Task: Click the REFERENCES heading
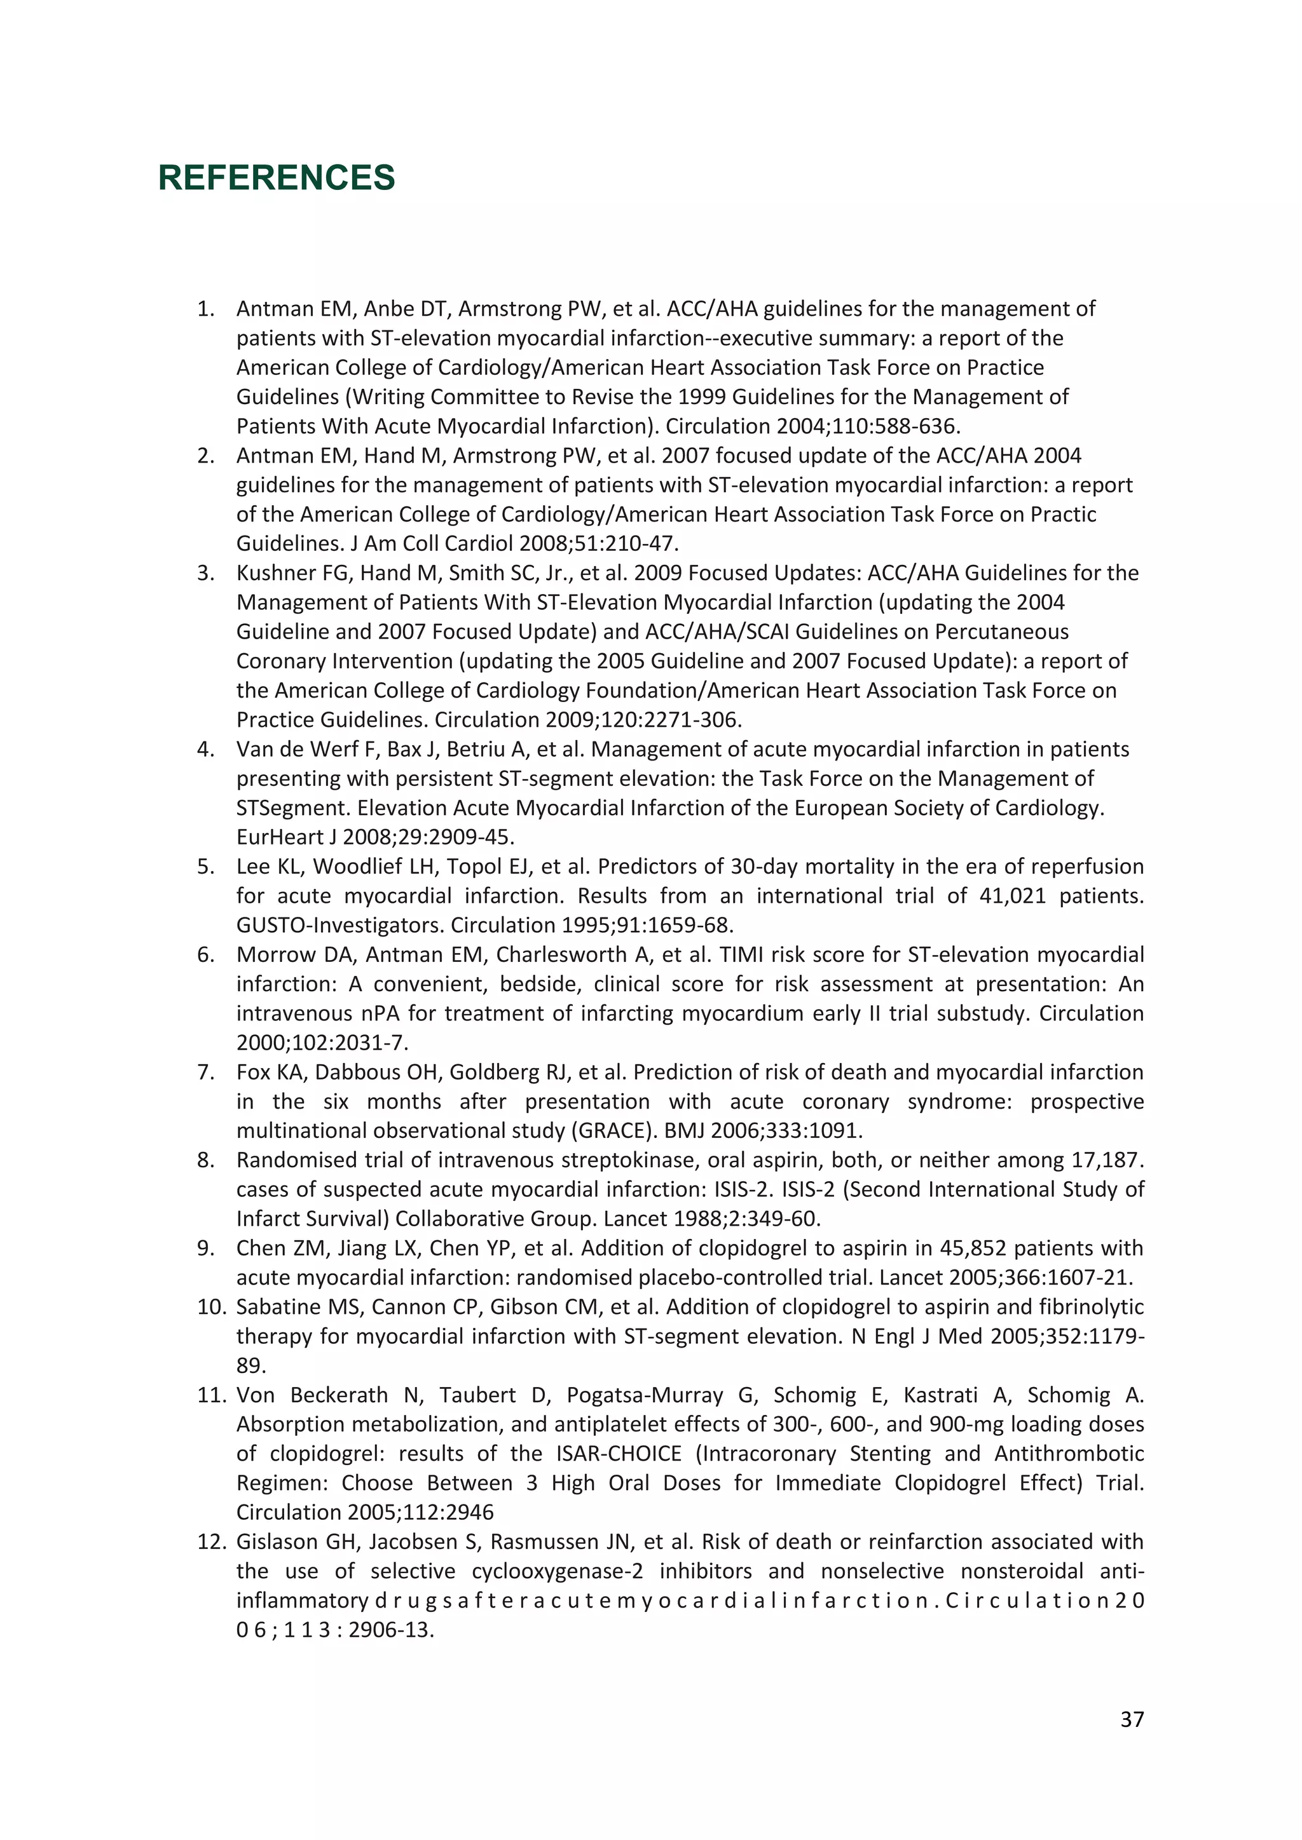pos(277,178)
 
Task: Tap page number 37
pos(1131,1720)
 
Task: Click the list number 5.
pos(205,866)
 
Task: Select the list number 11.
pos(212,1395)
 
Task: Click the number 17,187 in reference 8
pos(1106,1160)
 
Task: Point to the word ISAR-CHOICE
pos(618,1454)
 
